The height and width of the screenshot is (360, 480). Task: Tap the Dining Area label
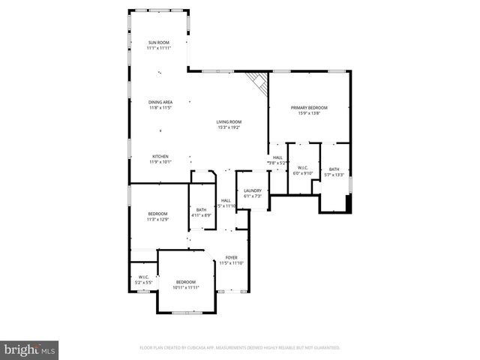pyautogui.click(x=160, y=102)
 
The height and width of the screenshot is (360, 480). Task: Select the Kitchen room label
pyautogui.click(x=160, y=156)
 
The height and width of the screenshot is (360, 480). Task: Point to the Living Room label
pyautogui.click(x=229, y=121)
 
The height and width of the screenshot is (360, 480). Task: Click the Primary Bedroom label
pyautogui.click(x=309, y=108)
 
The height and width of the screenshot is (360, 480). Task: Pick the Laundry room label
pyautogui.click(x=252, y=190)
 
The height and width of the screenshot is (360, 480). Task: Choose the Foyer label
pyautogui.click(x=232, y=257)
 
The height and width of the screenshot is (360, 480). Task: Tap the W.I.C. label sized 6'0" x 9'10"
pyautogui.click(x=302, y=168)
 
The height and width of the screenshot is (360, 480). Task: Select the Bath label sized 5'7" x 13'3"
pyautogui.click(x=334, y=169)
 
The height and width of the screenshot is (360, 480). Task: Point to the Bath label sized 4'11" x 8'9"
pyautogui.click(x=201, y=210)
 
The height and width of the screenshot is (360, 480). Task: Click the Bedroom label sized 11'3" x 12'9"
pyautogui.click(x=157, y=214)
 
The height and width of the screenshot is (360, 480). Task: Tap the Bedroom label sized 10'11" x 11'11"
pyautogui.click(x=185, y=282)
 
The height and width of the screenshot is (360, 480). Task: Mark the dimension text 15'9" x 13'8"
pyautogui.click(x=309, y=113)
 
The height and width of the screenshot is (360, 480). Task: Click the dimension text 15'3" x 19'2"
pyautogui.click(x=229, y=127)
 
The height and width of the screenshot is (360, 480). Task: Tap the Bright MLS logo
pyautogui.click(x=29, y=349)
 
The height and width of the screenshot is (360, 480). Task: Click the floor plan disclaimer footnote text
pyautogui.click(x=240, y=347)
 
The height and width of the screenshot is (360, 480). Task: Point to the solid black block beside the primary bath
pyautogui.click(x=346, y=202)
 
